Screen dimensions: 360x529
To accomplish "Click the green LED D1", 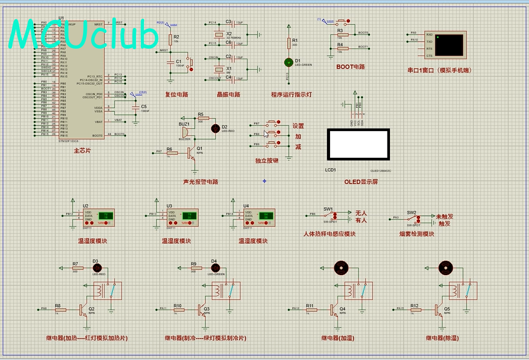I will [x=289, y=62].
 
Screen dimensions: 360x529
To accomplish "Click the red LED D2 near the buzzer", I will [x=216, y=128].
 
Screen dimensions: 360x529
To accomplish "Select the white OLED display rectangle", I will [x=359, y=145].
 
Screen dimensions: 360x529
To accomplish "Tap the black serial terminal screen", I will [x=449, y=44].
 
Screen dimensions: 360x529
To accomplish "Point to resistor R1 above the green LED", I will [x=289, y=42].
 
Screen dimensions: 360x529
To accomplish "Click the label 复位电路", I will [x=176, y=95].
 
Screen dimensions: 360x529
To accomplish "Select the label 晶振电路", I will [x=228, y=95].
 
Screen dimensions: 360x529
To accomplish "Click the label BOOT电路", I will [x=351, y=67].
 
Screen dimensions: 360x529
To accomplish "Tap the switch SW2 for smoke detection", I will [x=413, y=218].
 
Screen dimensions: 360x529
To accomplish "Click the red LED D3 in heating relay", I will [x=95, y=267].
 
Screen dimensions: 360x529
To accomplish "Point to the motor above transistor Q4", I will [x=341, y=267].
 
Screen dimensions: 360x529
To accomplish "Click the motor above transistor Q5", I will [x=445, y=267].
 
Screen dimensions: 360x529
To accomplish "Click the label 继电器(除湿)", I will [x=442, y=338].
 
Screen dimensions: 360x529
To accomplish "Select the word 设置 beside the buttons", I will [x=298, y=126].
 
